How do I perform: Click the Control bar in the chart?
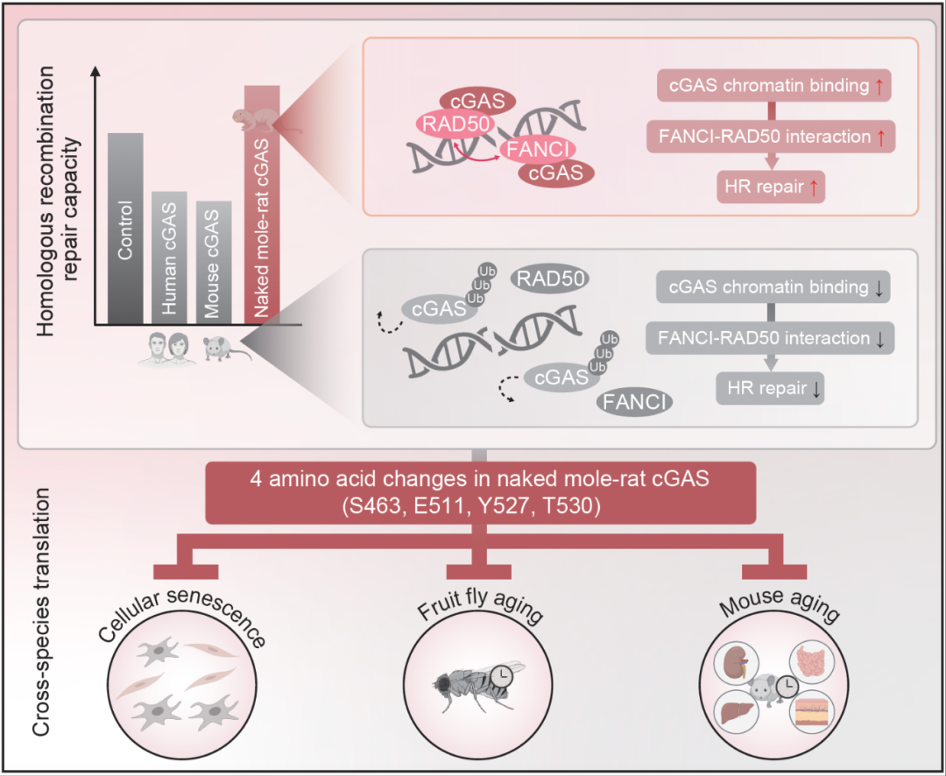[125, 228]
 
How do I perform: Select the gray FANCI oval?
[635, 402]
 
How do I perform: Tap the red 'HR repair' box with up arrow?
[772, 187]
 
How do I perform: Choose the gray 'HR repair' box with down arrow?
[772, 389]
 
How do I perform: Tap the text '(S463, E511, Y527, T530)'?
[474, 506]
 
